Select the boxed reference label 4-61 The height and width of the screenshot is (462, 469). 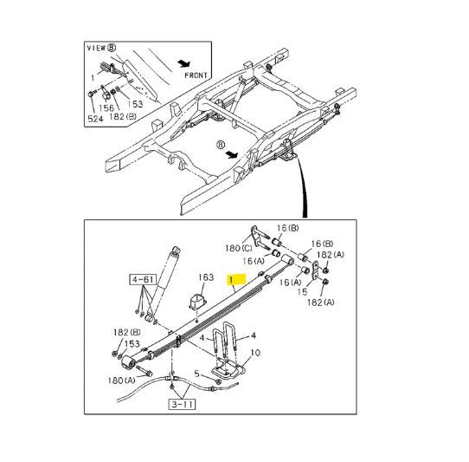(143, 279)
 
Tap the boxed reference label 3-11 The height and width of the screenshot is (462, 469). (182, 405)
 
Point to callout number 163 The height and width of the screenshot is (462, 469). (206, 277)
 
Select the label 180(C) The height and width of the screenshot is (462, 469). (239, 248)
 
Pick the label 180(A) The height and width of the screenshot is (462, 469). (121, 381)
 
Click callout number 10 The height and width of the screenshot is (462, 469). (255, 353)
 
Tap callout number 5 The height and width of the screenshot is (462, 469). (196, 374)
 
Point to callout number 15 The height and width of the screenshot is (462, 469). (302, 291)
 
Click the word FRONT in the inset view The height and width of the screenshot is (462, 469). (196, 75)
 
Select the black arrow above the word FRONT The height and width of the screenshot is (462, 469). (183, 63)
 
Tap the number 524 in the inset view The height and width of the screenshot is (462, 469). (95, 119)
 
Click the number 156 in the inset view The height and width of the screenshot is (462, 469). (106, 107)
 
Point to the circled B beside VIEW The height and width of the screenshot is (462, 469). (112, 48)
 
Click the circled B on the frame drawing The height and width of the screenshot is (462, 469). (220, 145)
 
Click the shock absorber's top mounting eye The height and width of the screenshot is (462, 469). (176, 251)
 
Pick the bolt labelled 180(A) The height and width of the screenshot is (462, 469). (145, 370)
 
